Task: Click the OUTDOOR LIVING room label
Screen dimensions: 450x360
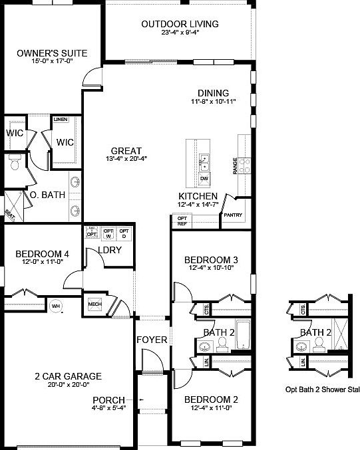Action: (x=180, y=25)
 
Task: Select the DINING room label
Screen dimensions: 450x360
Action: (x=213, y=93)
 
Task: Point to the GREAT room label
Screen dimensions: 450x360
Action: (x=125, y=150)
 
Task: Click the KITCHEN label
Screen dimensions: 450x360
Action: (x=198, y=197)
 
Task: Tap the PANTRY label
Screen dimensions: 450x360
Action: (x=232, y=215)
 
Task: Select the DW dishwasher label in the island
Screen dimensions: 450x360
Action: (x=204, y=178)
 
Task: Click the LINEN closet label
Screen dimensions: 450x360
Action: (x=61, y=119)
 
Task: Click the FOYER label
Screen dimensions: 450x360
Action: (x=152, y=340)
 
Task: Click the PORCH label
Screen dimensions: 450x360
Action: (x=108, y=399)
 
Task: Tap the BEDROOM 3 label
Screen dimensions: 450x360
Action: (x=212, y=259)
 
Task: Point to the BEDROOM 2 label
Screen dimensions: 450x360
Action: (x=212, y=399)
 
